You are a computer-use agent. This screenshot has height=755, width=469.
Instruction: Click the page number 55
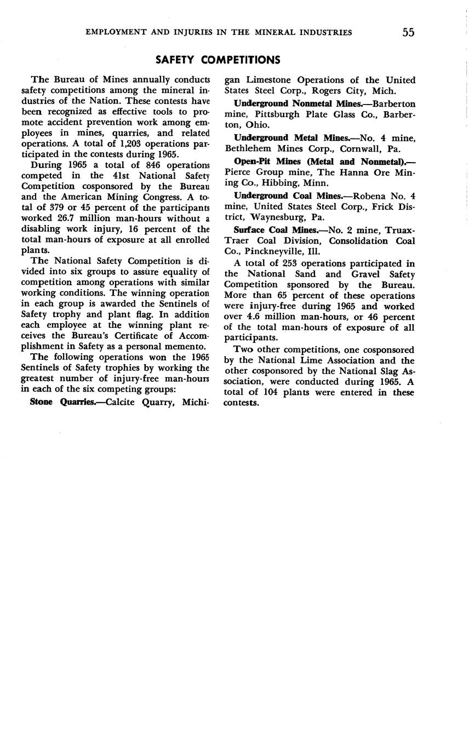[x=408, y=32]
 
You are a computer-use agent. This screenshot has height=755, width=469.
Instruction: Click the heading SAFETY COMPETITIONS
[x=218, y=60]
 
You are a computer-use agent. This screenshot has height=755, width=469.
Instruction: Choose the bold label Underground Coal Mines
[x=289, y=196]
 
